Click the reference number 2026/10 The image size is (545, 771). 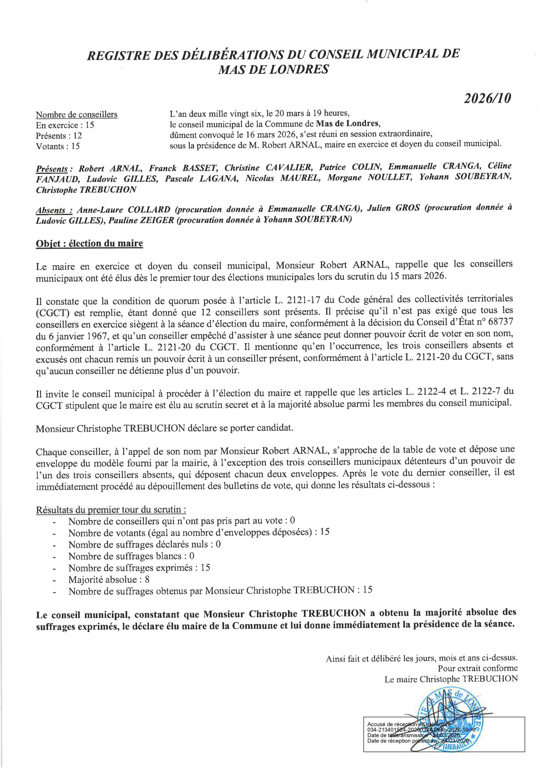pyautogui.click(x=487, y=98)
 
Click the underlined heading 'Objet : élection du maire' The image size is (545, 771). pyautogui.click(x=89, y=243)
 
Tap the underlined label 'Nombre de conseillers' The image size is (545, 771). pyautogui.click(x=76, y=115)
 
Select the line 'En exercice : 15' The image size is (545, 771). pyautogui.click(x=65, y=125)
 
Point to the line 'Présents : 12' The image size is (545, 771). pyautogui.click(x=59, y=136)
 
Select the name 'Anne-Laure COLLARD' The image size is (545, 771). pyautogui.click(x=123, y=210)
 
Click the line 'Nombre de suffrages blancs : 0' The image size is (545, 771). pyautogui.click(x=131, y=556)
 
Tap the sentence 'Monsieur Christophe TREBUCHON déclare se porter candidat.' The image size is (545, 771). pyautogui.click(x=164, y=429)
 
